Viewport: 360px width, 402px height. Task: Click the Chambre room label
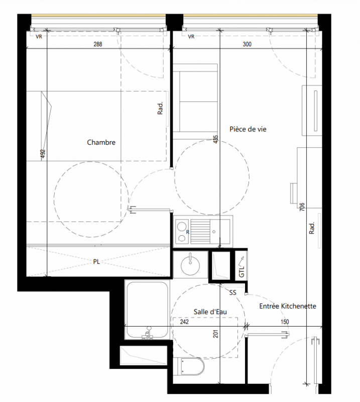(101, 142)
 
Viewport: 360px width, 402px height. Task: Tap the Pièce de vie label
(248, 129)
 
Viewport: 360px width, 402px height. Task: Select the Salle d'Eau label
(210, 312)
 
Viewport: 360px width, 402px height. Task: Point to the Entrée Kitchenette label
(288, 306)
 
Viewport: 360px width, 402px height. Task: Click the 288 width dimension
(98, 44)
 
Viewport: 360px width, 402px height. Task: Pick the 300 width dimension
(247, 44)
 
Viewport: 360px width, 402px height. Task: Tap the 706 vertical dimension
(302, 207)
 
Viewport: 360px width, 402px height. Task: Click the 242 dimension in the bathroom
(184, 322)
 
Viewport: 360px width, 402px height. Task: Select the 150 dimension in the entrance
(285, 322)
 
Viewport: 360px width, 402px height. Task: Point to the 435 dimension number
(216, 139)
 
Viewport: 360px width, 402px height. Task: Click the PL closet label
(96, 262)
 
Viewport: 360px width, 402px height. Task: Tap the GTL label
(242, 271)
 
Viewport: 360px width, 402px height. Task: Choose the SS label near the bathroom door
(232, 292)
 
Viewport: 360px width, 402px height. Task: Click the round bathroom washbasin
(190, 265)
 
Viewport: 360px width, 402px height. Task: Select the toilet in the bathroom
(191, 367)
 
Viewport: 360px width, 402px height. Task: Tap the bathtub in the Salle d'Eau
(147, 310)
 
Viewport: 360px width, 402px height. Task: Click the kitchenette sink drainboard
(200, 232)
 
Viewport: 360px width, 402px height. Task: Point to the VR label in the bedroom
(39, 37)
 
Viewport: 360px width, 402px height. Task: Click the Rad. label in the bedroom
(160, 108)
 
